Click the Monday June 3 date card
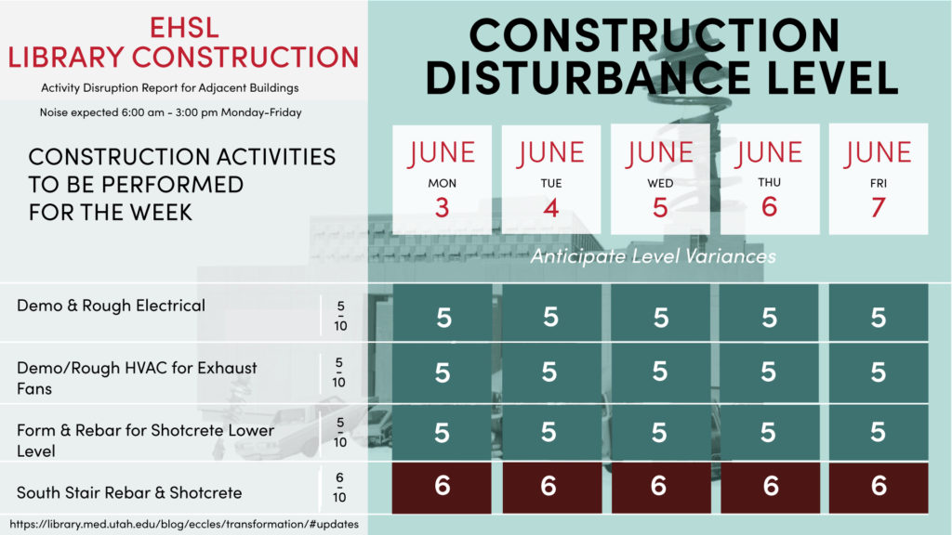coord(442,179)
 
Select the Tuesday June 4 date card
coord(551,179)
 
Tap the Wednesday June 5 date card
coord(660,179)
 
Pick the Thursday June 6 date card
coord(769,179)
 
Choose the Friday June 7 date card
coord(879,179)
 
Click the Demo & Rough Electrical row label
coord(112,306)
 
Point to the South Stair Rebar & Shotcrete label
coord(129,492)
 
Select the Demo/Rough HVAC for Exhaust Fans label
coord(137,378)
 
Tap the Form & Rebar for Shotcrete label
coord(145,440)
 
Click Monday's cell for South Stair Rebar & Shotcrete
coord(442,488)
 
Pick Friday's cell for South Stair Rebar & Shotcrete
coord(879,488)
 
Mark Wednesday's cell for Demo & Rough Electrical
coord(661,312)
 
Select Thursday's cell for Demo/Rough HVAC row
coord(769,372)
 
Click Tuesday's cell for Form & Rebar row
coord(551,433)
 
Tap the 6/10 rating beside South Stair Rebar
coord(339,487)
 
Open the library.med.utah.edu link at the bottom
coord(184,524)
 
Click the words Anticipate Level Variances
coord(654,256)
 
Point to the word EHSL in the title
coord(184,27)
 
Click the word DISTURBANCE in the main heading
coord(588,78)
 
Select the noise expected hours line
coord(171,112)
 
